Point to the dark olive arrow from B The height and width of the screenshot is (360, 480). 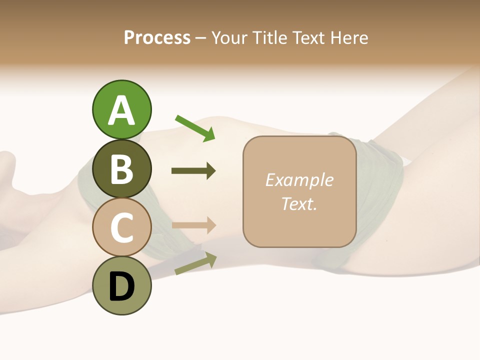[x=193, y=171]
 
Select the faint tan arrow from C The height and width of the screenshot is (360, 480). [x=193, y=225]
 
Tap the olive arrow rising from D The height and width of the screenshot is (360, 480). [x=195, y=264]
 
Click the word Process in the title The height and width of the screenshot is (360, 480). [x=157, y=38]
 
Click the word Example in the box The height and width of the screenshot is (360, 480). [x=299, y=180]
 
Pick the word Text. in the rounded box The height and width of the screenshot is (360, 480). [x=299, y=203]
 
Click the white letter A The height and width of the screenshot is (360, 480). [x=121, y=110]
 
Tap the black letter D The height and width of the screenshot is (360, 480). [x=121, y=287]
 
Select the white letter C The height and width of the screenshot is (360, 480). [x=121, y=228]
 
